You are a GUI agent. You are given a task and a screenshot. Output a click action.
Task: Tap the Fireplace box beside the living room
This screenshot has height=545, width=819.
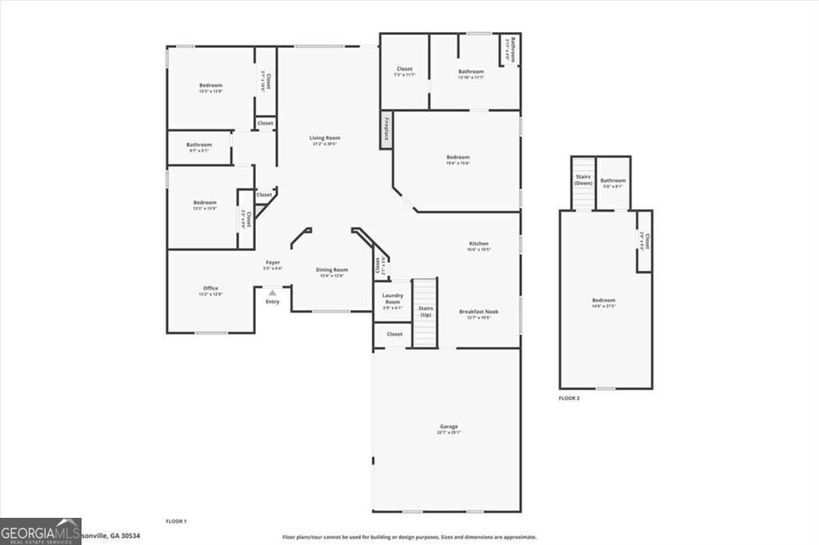386,129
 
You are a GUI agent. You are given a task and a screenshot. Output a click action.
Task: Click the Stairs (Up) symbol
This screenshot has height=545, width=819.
425,312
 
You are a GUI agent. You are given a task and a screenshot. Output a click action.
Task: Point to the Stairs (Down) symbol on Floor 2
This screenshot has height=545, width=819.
584,183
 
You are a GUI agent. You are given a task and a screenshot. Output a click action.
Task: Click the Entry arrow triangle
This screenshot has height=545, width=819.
273,293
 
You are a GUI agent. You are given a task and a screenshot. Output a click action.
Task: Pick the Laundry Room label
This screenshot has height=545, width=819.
393,298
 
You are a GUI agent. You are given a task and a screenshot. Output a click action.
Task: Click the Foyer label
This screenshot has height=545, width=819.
273,263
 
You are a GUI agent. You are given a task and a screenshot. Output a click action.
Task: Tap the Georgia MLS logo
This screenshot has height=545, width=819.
40,531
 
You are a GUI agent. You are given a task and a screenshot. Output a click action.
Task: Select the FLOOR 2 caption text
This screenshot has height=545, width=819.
569,397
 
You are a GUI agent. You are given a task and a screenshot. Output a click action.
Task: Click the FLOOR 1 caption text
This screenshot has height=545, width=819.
176,521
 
